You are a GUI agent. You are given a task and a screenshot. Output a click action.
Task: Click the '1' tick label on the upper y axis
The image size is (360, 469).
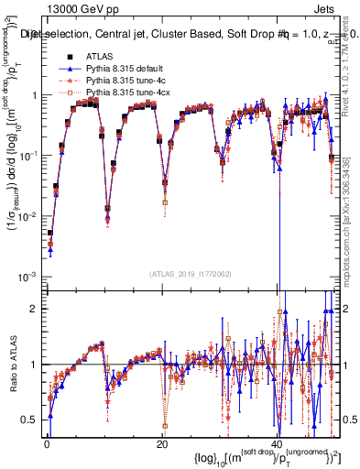tap(34, 95)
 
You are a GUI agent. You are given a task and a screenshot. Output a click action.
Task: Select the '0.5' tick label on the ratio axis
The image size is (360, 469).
tap(30, 420)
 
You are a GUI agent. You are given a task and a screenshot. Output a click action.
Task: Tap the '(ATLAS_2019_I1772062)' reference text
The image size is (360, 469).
tap(191, 274)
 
